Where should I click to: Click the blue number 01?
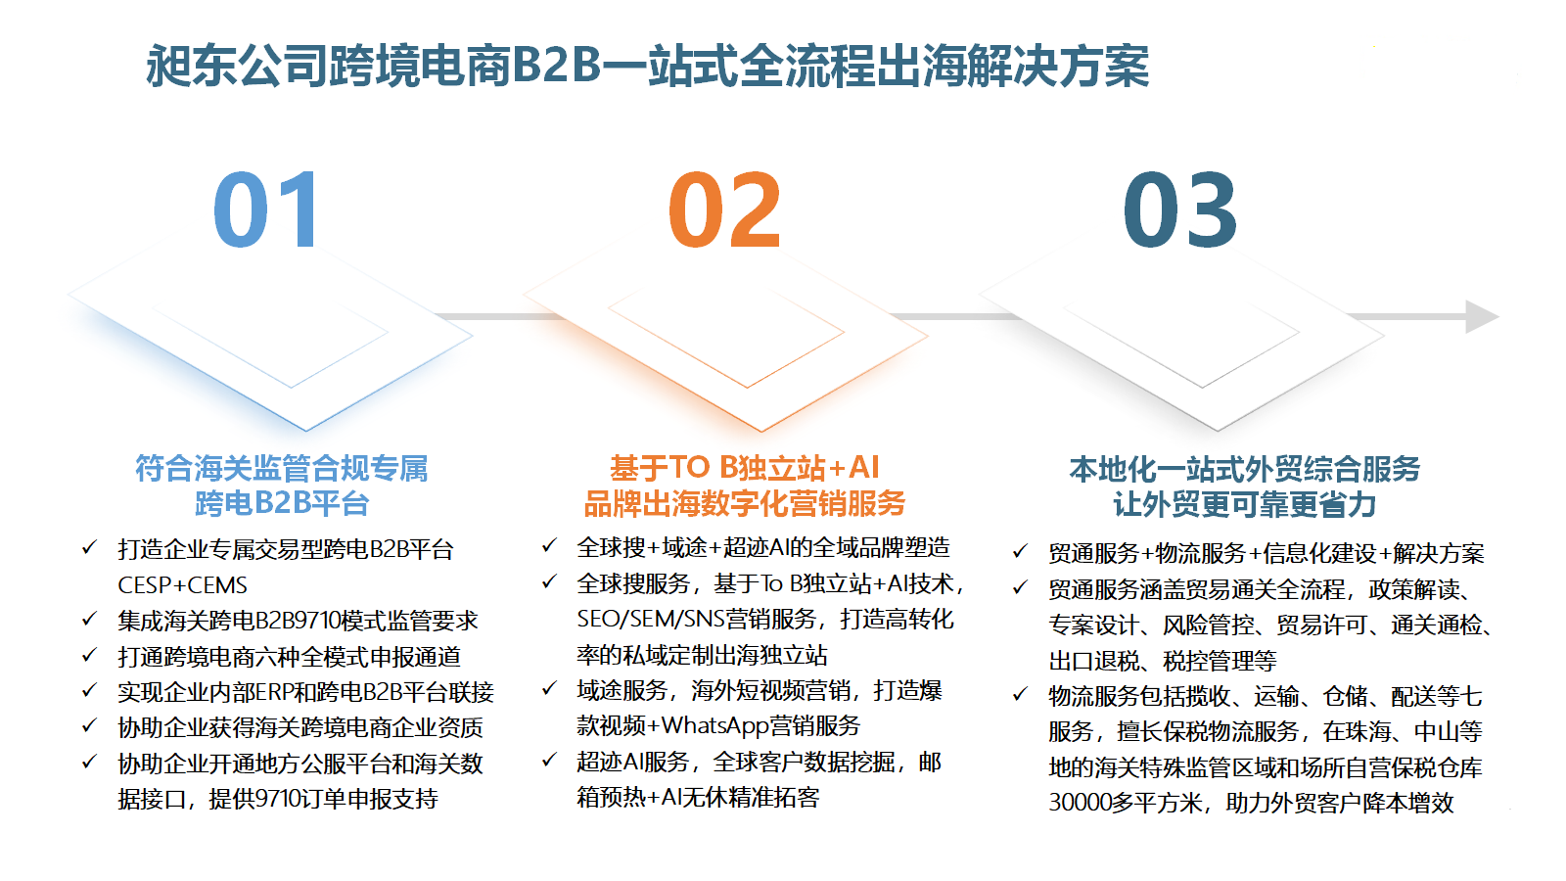point(266,209)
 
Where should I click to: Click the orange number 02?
point(723,209)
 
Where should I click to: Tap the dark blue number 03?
point(1180,209)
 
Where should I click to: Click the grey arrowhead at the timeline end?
point(1481,317)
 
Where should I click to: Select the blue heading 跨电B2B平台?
point(282,503)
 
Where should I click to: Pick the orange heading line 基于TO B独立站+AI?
point(744,467)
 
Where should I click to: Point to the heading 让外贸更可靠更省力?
point(1244,504)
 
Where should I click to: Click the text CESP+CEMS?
point(182,585)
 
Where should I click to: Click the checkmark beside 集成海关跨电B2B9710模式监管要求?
point(89,619)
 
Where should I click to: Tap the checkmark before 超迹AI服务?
point(549,760)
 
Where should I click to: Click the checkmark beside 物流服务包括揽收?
point(1021,694)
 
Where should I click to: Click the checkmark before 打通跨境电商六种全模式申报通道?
point(89,655)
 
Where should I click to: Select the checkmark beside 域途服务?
point(549,689)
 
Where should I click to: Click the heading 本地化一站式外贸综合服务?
point(1244,469)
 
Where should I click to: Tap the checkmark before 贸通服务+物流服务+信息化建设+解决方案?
point(1021,552)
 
